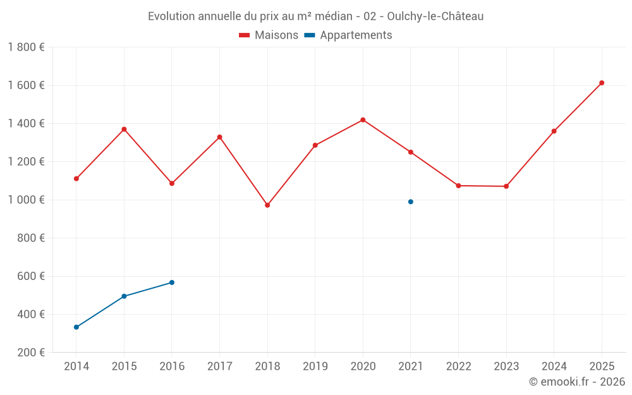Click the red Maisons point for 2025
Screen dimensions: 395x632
point(602,83)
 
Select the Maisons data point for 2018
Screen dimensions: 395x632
point(267,205)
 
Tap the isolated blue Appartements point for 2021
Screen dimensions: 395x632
point(411,202)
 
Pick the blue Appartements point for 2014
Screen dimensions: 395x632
point(76,327)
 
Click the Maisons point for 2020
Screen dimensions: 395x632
point(363,120)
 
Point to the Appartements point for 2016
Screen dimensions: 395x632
point(172,283)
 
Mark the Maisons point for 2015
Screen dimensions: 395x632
point(124,130)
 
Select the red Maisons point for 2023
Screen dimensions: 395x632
point(506,186)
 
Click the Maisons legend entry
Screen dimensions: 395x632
point(269,35)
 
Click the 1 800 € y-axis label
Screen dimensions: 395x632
point(26,47)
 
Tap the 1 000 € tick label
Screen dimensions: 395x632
point(26,200)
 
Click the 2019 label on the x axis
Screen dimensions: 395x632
point(315,367)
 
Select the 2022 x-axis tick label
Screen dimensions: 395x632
point(458,367)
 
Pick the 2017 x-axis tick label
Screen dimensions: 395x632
point(219,367)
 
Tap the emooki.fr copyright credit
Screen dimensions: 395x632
point(576,382)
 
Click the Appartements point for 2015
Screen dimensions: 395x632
point(124,296)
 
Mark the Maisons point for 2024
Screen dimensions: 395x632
point(554,131)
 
